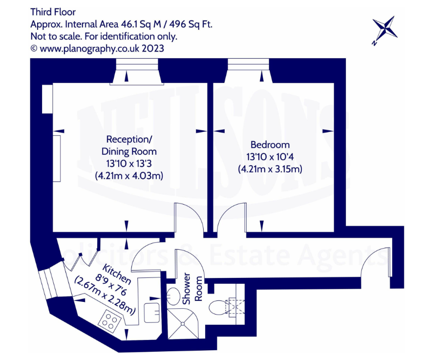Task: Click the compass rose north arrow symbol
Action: (x=384, y=30)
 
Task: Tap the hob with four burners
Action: (x=109, y=321)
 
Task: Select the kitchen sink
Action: (x=152, y=313)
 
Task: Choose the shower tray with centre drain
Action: (x=183, y=323)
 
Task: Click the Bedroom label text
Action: (x=270, y=145)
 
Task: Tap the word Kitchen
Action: (x=117, y=275)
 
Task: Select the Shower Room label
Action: (x=193, y=289)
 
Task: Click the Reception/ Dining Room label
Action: (x=129, y=145)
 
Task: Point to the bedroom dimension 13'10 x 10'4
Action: (x=270, y=157)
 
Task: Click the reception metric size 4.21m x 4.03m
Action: (x=129, y=176)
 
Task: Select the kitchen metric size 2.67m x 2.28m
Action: (x=105, y=296)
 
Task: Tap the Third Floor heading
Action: (x=53, y=12)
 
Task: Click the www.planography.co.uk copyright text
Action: (x=98, y=49)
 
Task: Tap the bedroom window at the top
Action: (x=248, y=64)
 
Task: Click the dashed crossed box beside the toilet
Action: (x=235, y=306)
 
